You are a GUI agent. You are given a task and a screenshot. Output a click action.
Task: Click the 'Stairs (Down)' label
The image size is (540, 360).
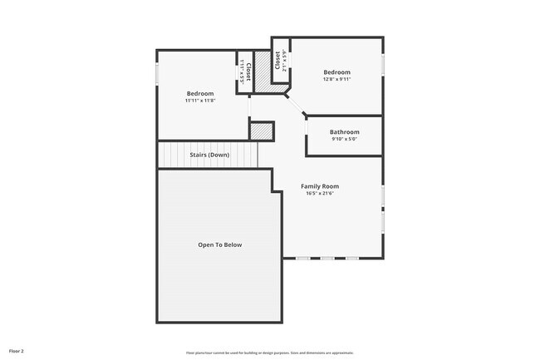click(209, 155)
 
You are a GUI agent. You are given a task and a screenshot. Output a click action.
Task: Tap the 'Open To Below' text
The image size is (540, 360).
click(219, 244)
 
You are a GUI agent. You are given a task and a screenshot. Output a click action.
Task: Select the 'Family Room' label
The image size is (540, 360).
click(320, 186)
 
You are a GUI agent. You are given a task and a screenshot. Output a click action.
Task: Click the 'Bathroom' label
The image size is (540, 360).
click(344, 132)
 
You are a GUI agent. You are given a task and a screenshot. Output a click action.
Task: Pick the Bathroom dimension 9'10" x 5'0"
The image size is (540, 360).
click(344, 140)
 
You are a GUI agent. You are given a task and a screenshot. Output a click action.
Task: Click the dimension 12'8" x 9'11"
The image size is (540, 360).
click(336, 80)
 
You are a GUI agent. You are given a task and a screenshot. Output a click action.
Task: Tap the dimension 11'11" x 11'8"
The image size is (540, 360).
click(200, 101)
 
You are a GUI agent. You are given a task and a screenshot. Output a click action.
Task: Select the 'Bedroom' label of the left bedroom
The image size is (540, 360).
click(200, 93)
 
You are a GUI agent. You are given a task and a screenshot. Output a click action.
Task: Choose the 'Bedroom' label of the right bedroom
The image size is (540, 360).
click(336, 72)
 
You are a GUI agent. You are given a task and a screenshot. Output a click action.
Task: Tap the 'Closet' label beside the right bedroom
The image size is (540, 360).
click(277, 61)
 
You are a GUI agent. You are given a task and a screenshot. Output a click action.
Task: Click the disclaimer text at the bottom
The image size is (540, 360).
click(269, 352)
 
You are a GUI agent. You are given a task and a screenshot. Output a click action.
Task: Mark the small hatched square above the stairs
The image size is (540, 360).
click(262, 131)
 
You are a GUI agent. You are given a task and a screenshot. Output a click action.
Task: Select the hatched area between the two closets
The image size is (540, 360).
click(263, 71)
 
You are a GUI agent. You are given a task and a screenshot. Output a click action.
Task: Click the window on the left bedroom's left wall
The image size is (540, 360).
click(157, 73)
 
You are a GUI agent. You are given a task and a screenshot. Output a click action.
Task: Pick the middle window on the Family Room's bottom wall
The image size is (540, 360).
click(326, 258)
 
